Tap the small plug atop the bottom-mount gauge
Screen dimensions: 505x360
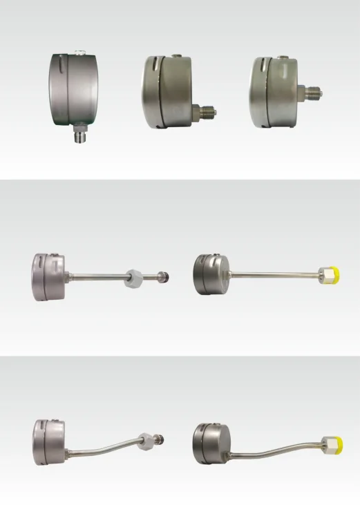click(x=79, y=50)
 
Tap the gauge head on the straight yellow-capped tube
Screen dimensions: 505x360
click(x=210, y=274)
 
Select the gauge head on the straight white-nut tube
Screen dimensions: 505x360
click(x=48, y=276)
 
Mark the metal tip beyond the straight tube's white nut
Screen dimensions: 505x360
click(x=162, y=277)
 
